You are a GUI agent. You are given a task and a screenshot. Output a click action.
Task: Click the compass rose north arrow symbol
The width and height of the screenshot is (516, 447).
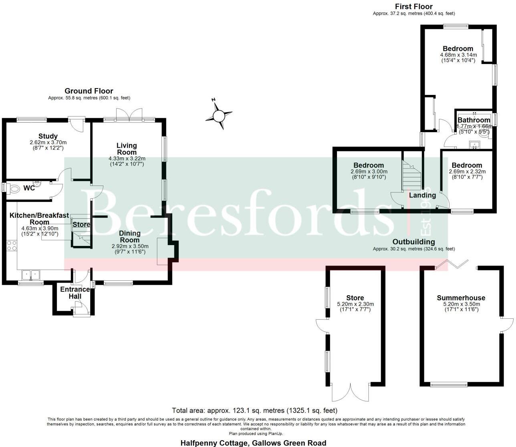219,116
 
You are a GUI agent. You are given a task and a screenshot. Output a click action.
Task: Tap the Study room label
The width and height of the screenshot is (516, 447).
48,136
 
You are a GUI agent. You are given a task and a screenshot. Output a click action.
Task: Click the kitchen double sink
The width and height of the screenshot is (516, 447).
31,275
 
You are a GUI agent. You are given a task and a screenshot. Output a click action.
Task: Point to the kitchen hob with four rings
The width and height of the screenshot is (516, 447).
12,245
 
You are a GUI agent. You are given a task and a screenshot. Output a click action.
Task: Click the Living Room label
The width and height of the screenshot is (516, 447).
127,149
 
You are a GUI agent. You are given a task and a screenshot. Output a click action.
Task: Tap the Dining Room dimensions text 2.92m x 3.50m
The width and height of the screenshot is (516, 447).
130,246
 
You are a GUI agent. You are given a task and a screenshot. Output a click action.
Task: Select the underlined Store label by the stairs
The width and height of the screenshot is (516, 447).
81,225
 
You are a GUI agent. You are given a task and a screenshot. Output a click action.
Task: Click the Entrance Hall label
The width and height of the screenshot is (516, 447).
75,293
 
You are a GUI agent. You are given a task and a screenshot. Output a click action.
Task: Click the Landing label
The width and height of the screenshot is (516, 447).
422,195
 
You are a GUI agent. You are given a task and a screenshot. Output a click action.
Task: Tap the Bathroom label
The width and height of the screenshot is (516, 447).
474,120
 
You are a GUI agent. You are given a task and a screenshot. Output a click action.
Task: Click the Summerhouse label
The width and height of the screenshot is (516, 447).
461,298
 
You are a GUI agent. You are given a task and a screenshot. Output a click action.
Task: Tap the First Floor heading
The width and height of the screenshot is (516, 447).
414,6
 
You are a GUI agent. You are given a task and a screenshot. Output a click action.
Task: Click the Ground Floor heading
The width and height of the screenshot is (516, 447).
89,91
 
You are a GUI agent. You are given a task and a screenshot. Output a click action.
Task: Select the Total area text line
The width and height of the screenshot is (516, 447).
254,411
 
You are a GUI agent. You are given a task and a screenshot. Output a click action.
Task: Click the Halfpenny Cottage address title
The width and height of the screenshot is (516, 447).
253,443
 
